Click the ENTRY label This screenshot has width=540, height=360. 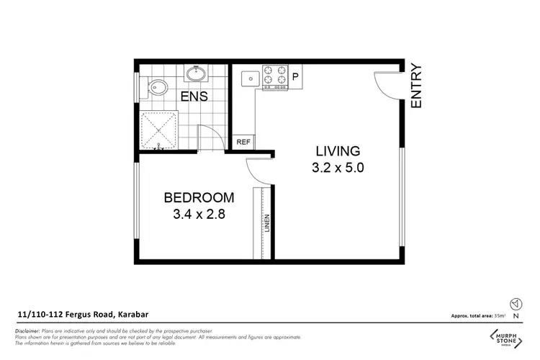[416, 86]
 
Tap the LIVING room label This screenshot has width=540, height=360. [337, 151]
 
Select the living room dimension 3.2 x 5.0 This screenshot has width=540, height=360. [337, 169]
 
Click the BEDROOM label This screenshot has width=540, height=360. [199, 197]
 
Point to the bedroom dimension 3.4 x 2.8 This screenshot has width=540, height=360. [199, 215]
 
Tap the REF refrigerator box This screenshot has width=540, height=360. [243, 143]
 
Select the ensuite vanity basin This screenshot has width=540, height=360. [195, 73]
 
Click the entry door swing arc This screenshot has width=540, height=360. [384, 86]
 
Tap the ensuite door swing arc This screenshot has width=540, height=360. [209, 135]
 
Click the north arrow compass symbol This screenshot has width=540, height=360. [514, 304]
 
